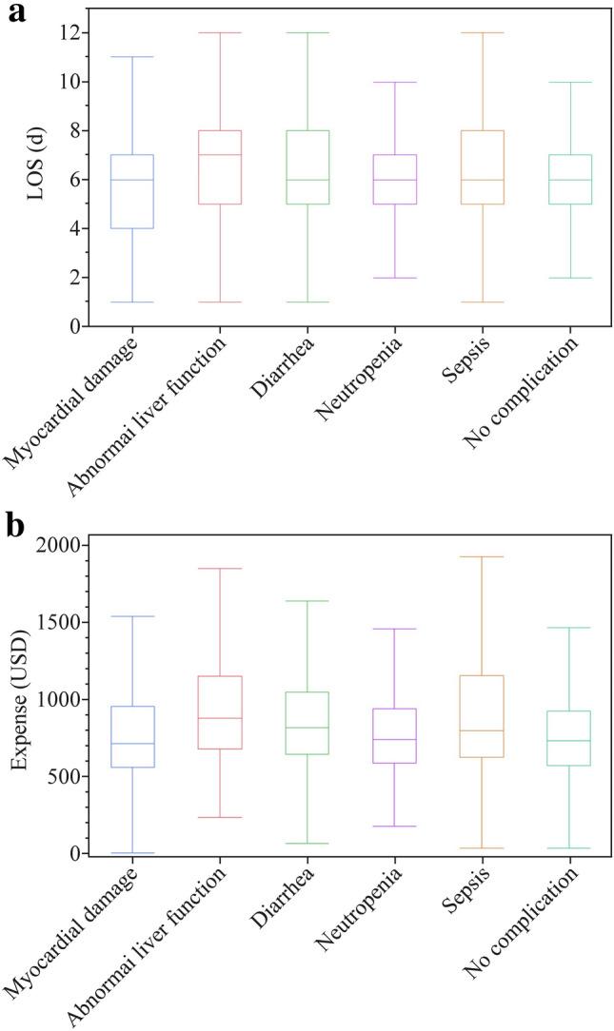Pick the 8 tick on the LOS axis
tap(69, 130)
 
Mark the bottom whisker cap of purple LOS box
tap(394, 278)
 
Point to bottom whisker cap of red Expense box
tap(219, 817)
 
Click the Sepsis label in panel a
tap(459, 360)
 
